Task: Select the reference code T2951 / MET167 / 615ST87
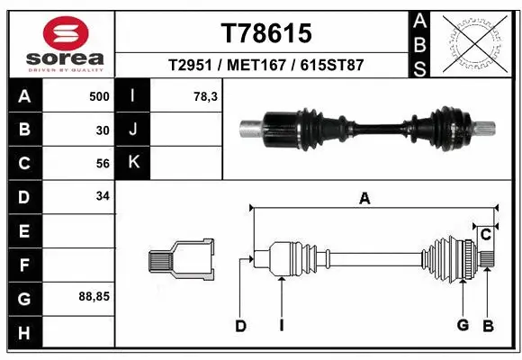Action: click(x=265, y=66)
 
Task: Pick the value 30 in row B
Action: click(x=103, y=130)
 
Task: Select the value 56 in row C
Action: click(x=103, y=164)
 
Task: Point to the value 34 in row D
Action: click(x=103, y=195)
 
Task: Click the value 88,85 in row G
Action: click(x=95, y=295)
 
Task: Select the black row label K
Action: click(x=134, y=164)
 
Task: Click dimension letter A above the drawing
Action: click(x=364, y=199)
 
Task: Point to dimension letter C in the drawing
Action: click(x=485, y=235)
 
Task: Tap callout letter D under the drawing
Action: click(x=240, y=326)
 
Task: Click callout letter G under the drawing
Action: click(x=463, y=326)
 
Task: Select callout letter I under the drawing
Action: click(x=281, y=326)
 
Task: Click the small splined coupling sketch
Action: click(x=181, y=260)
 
